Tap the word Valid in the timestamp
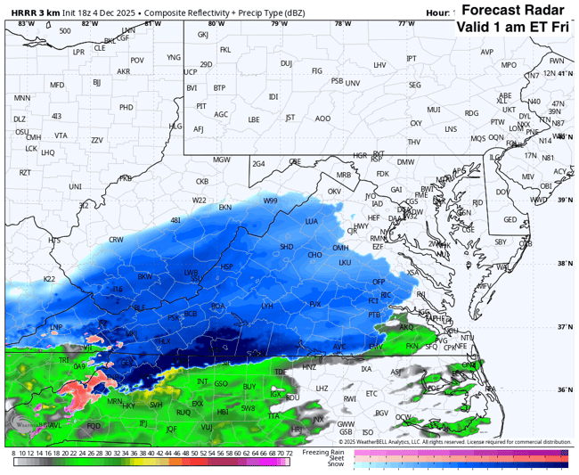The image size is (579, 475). click(x=477, y=27)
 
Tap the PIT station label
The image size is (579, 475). click(x=201, y=106)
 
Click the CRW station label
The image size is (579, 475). click(x=116, y=240)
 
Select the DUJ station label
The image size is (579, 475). click(x=286, y=63)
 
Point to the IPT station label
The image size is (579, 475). click(x=411, y=59)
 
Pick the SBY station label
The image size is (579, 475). click(x=501, y=242)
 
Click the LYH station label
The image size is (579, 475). click(x=266, y=306)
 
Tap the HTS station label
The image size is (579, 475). click(x=54, y=241)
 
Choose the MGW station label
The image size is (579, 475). click(x=221, y=160)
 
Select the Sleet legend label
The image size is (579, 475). click(x=340, y=458)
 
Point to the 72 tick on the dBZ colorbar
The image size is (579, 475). click(x=289, y=453)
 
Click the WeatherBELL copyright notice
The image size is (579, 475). click(x=454, y=441)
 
